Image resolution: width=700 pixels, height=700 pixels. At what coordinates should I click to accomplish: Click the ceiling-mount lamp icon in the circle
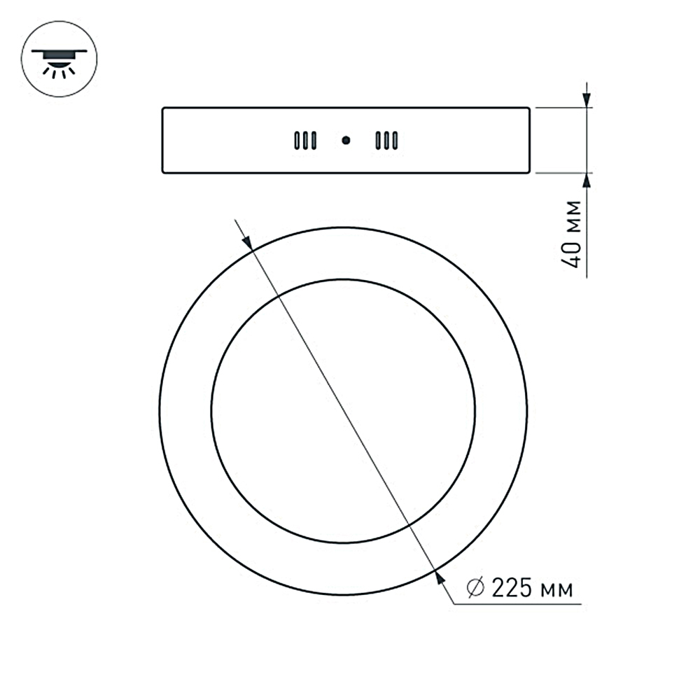(x=59, y=59)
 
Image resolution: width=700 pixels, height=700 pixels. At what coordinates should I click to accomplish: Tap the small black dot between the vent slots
(x=345, y=141)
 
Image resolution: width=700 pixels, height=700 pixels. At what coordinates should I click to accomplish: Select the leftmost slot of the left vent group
(x=297, y=141)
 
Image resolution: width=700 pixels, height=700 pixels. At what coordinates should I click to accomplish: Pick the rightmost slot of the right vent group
(x=395, y=141)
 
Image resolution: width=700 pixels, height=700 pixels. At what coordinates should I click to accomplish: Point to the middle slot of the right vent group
(x=386, y=141)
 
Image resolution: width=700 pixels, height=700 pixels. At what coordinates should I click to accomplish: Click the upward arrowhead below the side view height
(x=587, y=181)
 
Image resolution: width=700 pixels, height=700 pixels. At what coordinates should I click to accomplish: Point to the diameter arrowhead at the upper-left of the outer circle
(x=246, y=239)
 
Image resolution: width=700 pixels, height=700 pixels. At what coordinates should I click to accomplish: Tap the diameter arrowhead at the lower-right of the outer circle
(x=439, y=575)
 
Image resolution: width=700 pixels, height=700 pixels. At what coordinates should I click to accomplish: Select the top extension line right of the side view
(x=560, y=108)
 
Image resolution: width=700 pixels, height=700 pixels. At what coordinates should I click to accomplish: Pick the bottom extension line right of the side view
(x=560, y=173)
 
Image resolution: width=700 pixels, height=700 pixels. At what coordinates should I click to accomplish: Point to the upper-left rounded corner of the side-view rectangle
(x=164, y=110)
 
